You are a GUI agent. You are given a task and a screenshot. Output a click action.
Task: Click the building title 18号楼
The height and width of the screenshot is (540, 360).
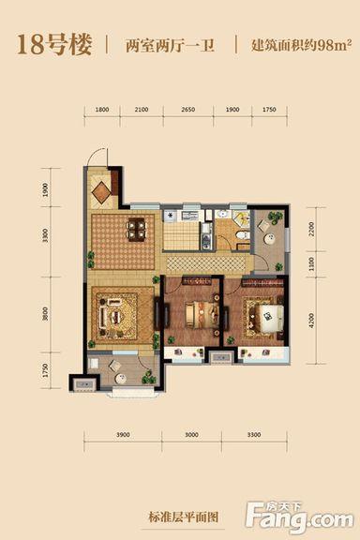pos(54,45)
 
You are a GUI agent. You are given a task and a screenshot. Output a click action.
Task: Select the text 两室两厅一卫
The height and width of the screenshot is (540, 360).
pos(171,45)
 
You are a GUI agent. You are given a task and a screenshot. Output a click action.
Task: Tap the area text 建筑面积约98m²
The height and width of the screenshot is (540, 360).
pos(302,45)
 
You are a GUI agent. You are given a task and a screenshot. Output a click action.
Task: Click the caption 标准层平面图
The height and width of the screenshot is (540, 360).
pos(183,517)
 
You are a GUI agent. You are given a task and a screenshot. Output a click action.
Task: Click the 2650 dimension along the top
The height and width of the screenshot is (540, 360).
pos(188,110)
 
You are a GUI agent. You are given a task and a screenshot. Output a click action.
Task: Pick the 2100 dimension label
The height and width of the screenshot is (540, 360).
pos(142,110)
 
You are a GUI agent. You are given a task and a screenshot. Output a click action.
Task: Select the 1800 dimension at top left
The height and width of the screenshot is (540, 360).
pos(102,110)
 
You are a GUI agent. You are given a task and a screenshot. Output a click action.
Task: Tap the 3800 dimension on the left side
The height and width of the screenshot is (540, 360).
pos(45,314)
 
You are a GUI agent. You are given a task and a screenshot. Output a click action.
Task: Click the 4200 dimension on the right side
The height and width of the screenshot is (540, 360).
pos(311,321)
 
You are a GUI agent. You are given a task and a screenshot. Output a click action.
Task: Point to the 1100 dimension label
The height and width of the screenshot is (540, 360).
pos(311,263)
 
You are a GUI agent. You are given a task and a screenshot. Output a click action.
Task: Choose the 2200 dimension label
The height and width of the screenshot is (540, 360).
pos(311,230)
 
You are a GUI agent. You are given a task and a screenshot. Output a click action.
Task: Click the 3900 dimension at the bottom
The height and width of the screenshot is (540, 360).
pos(123,435)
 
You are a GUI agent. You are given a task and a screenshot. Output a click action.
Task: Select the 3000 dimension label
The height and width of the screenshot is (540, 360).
pos(191,435)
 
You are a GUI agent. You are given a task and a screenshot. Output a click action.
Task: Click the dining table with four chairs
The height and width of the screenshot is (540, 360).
pos(137,230)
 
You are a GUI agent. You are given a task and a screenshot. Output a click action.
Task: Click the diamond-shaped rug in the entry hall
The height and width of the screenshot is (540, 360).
pos(101,191)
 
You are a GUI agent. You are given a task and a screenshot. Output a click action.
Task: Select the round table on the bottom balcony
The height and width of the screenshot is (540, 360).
pos(121,379)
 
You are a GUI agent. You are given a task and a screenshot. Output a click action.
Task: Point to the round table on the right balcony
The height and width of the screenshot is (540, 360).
pos(269,239)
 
